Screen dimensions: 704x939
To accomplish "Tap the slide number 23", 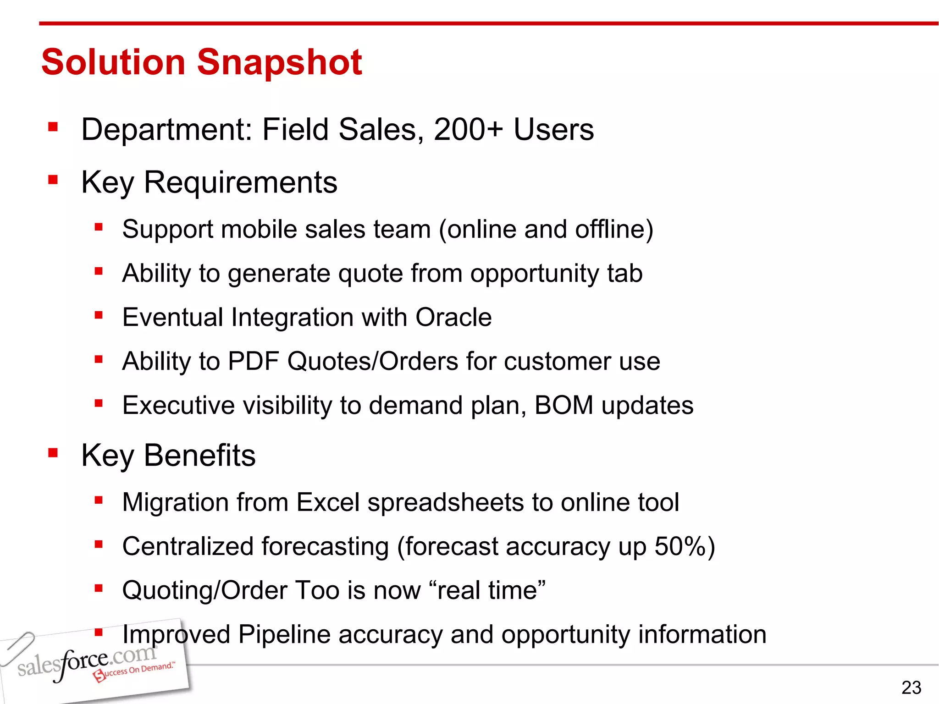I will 911,687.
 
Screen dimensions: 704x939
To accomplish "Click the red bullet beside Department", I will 53,126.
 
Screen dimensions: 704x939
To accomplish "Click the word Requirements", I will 240,183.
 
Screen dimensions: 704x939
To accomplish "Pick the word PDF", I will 253,361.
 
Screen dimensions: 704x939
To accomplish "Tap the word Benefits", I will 199,456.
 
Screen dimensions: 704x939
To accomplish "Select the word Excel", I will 328,502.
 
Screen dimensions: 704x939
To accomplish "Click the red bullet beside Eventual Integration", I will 99,315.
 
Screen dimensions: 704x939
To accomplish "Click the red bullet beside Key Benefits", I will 53,453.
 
